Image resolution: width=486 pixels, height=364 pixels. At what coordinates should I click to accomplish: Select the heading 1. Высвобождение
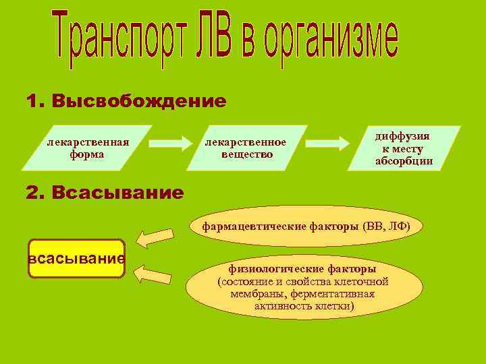[126, 102]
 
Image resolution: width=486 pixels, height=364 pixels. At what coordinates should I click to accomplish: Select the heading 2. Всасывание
[105, 193]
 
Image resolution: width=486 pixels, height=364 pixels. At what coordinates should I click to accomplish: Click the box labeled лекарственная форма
[86, 148]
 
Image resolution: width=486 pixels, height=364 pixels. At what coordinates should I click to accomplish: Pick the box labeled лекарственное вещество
[246, 148]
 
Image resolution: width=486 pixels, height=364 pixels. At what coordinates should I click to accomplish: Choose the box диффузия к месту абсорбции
[404, 148]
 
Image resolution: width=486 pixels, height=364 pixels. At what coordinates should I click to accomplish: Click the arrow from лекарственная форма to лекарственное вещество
[170, 143]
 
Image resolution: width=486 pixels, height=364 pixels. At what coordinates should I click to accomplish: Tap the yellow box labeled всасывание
[76, 259]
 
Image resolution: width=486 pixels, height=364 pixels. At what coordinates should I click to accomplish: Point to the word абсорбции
[404, 161]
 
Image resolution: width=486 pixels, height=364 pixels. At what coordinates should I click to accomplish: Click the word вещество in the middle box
[247, 154]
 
